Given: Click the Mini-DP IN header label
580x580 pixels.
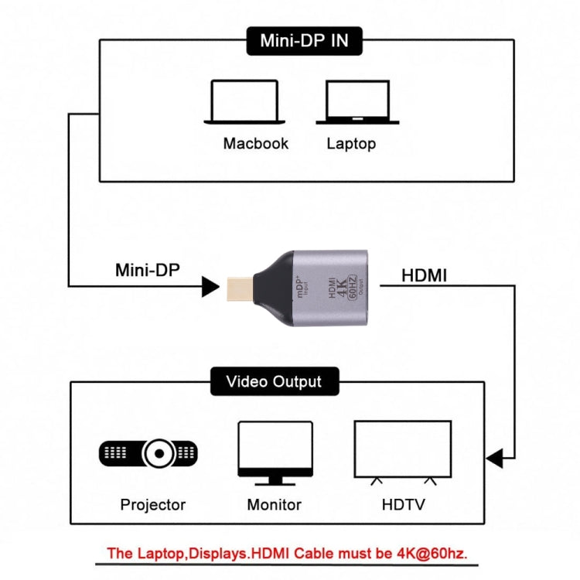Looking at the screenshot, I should pos(303,41).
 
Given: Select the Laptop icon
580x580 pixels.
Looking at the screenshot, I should pos(357,102).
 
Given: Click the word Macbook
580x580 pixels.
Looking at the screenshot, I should pos(256,143).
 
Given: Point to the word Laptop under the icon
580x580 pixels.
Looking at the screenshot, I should pos(351,143).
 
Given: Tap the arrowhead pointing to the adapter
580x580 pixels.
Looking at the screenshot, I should pos(210,287).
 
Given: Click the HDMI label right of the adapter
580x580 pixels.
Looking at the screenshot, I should pos(424,275).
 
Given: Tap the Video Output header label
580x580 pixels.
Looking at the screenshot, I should pos(273,381).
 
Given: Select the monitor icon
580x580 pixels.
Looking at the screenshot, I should pos(275,452).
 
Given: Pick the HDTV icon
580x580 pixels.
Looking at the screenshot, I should pos(402,452).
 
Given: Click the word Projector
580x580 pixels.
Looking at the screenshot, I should pos(153,505).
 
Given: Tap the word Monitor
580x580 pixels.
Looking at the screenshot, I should pos(274,505).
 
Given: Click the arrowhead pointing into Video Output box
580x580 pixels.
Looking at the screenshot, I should pos(495,459).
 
